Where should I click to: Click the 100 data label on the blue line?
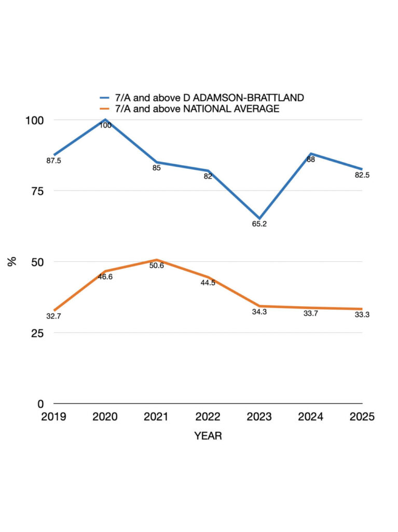(105, 125)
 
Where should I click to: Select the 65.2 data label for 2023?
(259, 224)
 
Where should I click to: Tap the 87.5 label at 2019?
(54, 161)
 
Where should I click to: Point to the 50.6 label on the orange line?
(157, 266)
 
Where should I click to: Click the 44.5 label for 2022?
(208, 283)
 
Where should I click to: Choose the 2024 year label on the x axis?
(311, 417)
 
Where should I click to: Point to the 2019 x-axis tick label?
(54, 417)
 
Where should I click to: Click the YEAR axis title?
(208, 436)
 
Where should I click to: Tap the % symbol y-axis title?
(12, 261)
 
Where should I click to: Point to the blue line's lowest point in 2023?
(259, 218)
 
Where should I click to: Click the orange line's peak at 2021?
(157, 260)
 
